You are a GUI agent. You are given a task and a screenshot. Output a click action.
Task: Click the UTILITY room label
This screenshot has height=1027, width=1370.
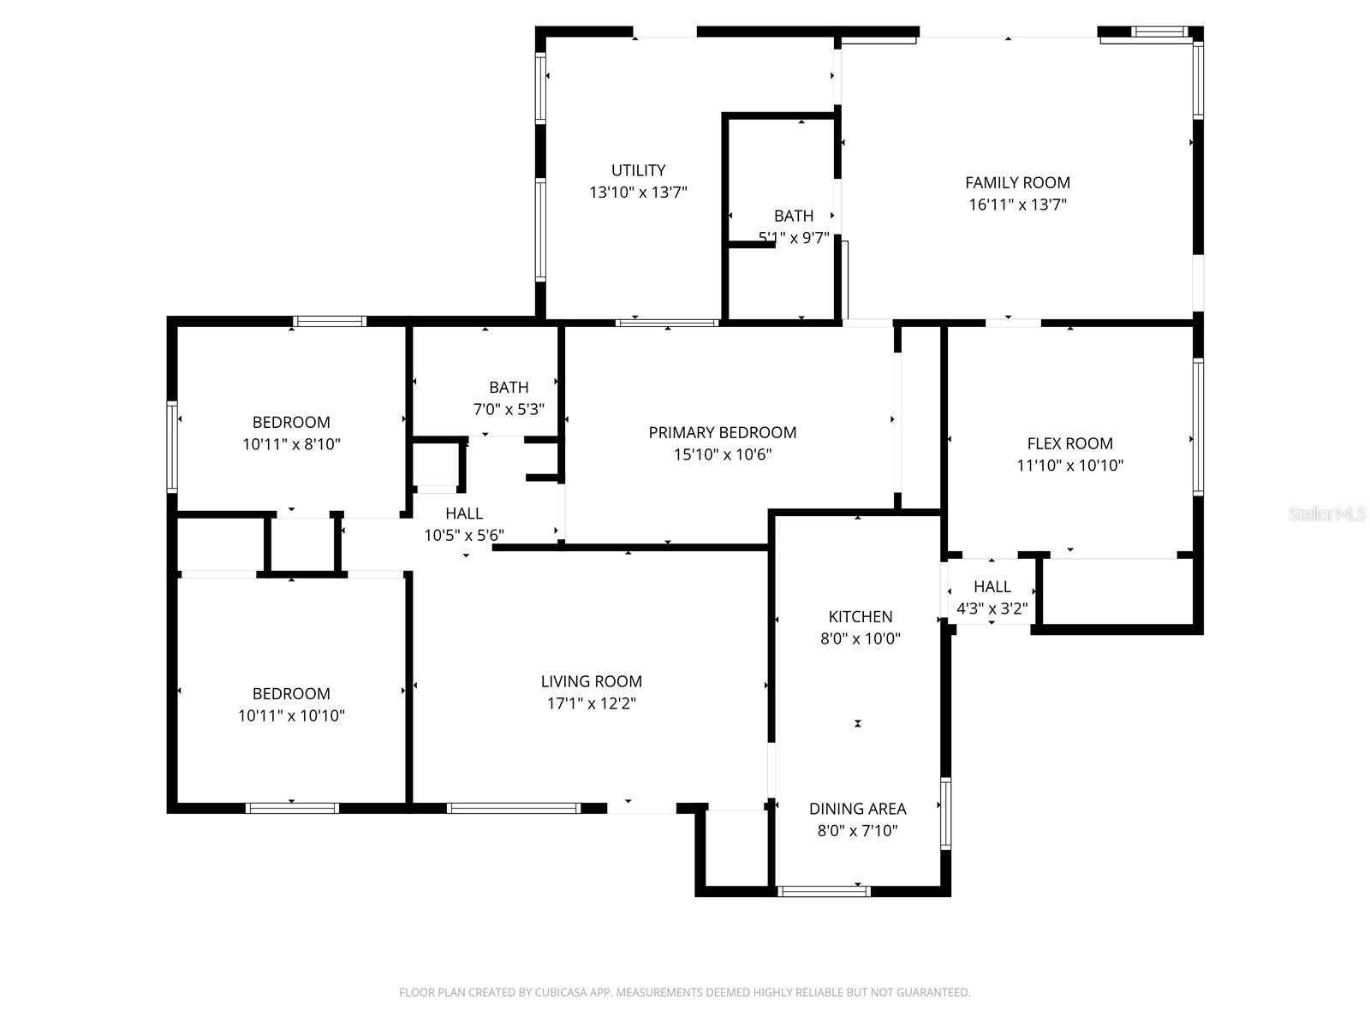tap(638, 170)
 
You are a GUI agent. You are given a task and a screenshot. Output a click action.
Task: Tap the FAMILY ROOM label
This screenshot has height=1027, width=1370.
tap(1017, 182)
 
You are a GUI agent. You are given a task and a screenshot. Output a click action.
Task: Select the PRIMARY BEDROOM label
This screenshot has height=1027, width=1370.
tap(722, 433)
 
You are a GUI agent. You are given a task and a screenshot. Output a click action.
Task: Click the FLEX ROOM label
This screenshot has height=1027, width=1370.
tap(1069, 443)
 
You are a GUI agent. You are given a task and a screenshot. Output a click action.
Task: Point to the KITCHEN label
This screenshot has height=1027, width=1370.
tap(860, 617)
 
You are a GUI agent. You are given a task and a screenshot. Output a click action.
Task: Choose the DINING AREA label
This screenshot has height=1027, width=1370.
tap(858, 809)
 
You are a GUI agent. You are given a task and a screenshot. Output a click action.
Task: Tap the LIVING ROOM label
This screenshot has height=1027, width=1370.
tap(591, 681)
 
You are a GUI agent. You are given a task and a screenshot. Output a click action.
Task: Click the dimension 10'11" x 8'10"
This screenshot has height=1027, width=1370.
tap(291, 444)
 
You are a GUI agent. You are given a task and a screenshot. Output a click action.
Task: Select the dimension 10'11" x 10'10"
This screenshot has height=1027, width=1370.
tap(291, 715)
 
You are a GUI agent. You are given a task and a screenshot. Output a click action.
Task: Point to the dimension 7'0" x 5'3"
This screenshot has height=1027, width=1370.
tap(509, 409)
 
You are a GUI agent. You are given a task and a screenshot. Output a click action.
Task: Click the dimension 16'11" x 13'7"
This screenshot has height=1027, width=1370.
tap(1017, 205)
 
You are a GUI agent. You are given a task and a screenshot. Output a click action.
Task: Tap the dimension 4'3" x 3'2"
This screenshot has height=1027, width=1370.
tap(992, 608)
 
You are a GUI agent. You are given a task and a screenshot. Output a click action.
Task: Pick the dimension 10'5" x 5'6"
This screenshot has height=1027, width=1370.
tap(464, 535)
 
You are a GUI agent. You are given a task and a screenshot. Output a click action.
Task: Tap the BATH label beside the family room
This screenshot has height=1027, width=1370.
tap(794, 216)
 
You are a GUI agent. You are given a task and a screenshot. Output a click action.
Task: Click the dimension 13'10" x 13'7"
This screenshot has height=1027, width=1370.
tap(638, 192)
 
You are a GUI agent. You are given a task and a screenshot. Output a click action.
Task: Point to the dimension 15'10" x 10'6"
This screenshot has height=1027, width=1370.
tap(722, 454)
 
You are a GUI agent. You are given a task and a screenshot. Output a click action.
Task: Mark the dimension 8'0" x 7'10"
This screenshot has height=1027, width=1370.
tap(858, 830)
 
